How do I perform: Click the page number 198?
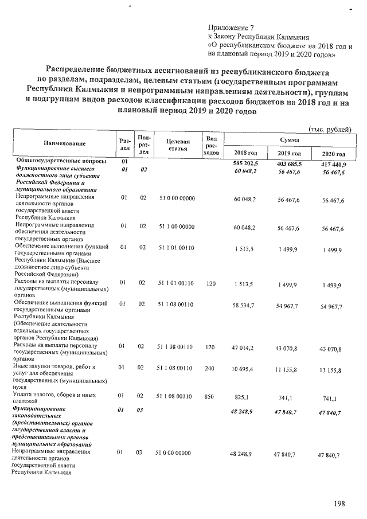340,503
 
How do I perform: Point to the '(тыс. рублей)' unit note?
330,130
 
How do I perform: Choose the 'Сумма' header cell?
288,139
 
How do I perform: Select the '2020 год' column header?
332,154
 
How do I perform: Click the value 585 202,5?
246,163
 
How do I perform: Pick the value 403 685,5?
290,163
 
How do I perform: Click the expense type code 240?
211,367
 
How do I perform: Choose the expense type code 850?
211,396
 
